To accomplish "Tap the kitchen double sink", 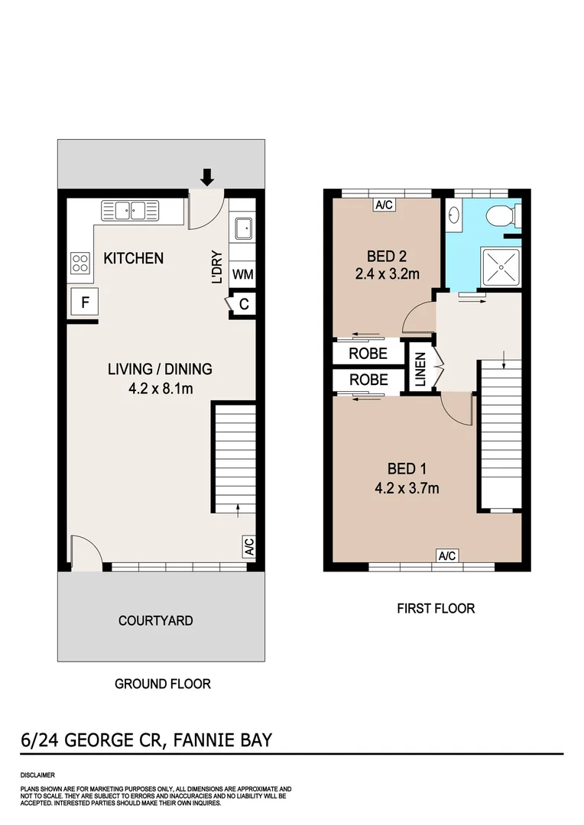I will pos(129,209).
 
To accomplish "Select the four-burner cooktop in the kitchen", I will pos(80,263).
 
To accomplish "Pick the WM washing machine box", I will pos(242,274).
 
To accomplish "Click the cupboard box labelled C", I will pos(243,303).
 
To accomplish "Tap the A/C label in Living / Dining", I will pos(248,547).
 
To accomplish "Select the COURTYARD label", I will pos(155,620).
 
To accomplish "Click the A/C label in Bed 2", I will pos(384,204).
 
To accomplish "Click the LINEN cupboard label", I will pos(420,370).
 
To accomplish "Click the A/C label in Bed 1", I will pos(446,556).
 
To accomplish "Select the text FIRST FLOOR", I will pos(436,608).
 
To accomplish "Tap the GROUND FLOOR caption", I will pos(162,684).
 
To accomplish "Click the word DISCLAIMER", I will pos(37,775).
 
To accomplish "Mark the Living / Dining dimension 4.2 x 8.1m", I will pos(159,387).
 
